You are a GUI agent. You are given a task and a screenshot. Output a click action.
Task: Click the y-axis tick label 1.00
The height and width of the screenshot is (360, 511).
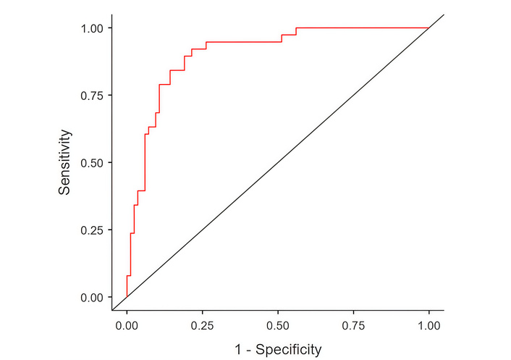pyautogui.click(x=93, y=28)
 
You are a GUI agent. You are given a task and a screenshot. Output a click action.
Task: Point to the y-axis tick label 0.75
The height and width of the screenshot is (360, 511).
pyautogui.click(x=93, y=95)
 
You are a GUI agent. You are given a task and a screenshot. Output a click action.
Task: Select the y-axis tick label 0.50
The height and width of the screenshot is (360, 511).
pyautogui.click(x=93, y=162)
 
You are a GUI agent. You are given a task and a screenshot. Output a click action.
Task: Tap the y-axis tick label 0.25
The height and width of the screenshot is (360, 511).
pyautogui.click(x=93, y=230)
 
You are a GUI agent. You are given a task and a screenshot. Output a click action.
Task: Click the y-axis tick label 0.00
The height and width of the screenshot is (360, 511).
pyautogui.click(x=93, y=297)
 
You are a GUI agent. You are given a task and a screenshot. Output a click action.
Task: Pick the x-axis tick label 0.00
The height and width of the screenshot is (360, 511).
pyautogui.click(x=127, y=325)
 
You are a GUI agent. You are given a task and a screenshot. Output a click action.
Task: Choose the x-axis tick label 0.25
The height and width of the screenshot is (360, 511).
pyautogui.click(x=203, y=325)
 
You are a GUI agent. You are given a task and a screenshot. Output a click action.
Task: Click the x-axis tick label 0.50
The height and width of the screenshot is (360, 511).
pyautogui.click(x=278, y=325)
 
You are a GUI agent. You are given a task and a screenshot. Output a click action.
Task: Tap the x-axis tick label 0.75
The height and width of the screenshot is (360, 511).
pyautogui.click(x=354, y=325)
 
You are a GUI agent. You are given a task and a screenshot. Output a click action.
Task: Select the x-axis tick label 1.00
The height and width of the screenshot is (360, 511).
pyautogui.click(x=429, y=325)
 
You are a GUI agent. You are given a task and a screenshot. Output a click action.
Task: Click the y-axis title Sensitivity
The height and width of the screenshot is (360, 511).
pyautogui.click(x=65, y=162)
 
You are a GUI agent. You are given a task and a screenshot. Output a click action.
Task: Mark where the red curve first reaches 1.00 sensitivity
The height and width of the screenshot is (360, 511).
pyautogui.click(x=296, y=28)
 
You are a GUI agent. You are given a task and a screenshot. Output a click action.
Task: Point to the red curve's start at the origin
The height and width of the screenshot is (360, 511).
pyautogui.click(x=127, y=297)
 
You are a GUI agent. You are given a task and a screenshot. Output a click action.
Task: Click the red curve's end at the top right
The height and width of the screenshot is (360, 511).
pyautogui.click(x=429, y=28)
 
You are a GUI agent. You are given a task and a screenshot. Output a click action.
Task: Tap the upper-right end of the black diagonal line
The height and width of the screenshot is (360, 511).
pyautogui.click(x=443, y=14)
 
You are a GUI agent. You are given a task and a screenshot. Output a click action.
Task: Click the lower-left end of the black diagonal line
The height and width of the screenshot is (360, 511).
pyautogui.click(x=112, y=310)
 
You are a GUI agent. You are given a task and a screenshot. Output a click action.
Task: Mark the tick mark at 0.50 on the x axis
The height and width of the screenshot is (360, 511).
pyautogui.click(x=278, y=313)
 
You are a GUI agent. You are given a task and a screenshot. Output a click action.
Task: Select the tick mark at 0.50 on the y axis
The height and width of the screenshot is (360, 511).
pyautogui.click(x=110, y=162)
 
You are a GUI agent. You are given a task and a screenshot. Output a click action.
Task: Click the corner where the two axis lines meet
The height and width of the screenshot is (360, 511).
pyautogui.click(x=112, y=311)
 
